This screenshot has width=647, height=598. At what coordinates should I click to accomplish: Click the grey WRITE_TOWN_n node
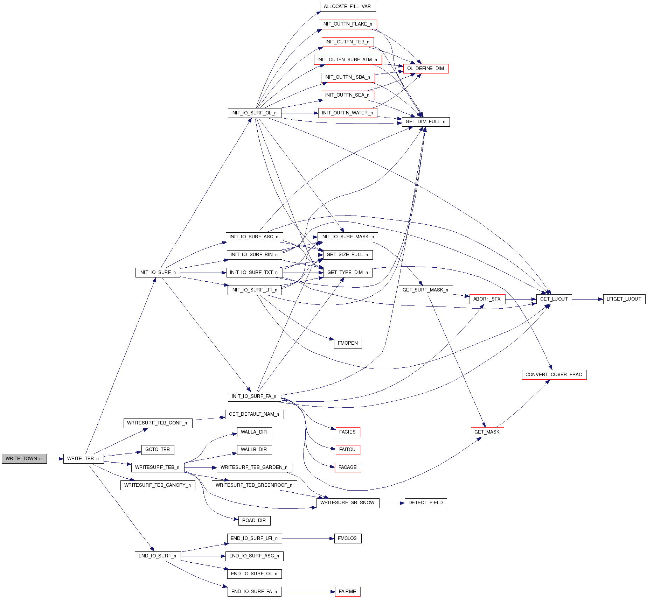tap(24, 458)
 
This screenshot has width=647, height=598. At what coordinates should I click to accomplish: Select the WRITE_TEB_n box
tap(83, 458)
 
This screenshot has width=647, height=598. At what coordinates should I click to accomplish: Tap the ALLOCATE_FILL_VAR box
tap(347, 7)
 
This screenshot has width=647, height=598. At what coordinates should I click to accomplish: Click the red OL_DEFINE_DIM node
tap(425, 69)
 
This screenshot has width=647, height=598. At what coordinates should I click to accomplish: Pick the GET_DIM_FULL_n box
tap(425, 122)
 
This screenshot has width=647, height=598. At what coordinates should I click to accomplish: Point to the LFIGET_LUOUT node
tap(624, 299)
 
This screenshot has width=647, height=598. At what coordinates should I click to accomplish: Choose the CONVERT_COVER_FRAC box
tap(554, 374)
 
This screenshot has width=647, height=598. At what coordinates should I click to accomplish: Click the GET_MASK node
tap(487, 432)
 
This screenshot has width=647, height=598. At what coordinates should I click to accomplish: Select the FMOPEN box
tap(348, 343)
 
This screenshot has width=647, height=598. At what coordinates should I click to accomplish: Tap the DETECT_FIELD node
tap(425, 503)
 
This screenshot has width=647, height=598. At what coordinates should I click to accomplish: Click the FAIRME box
tap(347, 591)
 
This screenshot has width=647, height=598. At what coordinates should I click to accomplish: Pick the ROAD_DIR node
tap(254, 520)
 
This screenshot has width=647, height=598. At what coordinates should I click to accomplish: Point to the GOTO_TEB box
tap(158, 450)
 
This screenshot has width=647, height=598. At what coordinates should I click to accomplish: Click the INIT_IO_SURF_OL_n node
tap(254, 113)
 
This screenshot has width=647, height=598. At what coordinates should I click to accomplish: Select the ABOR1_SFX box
tap(487, 299)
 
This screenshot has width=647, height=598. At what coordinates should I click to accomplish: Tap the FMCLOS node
tap(347, 538)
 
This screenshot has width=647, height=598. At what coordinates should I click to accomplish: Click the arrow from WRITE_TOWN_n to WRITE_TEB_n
tap(55, 458)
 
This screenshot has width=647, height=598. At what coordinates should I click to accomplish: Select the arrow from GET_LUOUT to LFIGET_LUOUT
tap(587, 299)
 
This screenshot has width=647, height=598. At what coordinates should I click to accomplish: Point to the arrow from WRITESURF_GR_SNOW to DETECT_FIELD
tap(392, 503)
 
